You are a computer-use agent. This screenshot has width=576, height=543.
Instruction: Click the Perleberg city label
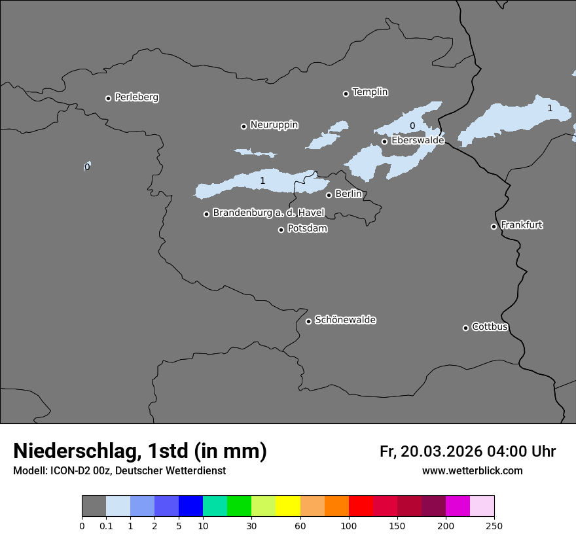point(136,97)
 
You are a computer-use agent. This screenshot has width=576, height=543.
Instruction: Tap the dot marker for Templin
point(346,94)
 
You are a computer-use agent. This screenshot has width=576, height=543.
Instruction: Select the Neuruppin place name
point(274,125)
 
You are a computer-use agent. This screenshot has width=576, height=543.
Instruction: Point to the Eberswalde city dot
point(384,141)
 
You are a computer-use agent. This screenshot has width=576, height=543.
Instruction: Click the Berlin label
point(348,194)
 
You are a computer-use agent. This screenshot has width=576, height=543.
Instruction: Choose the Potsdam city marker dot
point(281,230)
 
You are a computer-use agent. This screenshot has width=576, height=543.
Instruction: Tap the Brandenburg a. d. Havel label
point(268,213)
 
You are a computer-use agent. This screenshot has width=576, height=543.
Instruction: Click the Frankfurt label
point(522,225)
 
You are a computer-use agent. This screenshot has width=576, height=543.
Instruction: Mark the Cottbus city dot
point(465,328)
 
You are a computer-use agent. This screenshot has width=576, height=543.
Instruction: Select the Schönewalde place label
point(345,320)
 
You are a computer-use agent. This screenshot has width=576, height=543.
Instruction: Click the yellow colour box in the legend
point(288,506)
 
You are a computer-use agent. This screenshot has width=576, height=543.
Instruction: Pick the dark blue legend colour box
point(190,506)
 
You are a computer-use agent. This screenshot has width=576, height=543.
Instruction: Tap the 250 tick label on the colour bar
point(494,526)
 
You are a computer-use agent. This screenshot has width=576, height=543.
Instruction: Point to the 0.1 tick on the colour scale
point(106,526)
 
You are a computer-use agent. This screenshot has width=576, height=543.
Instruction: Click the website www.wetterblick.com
point(472,470)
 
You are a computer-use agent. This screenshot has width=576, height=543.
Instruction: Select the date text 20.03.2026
point(442,451)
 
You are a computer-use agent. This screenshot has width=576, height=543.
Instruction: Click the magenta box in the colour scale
point(458,506)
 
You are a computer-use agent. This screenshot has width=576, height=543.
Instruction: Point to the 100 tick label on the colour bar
point(349,526)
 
